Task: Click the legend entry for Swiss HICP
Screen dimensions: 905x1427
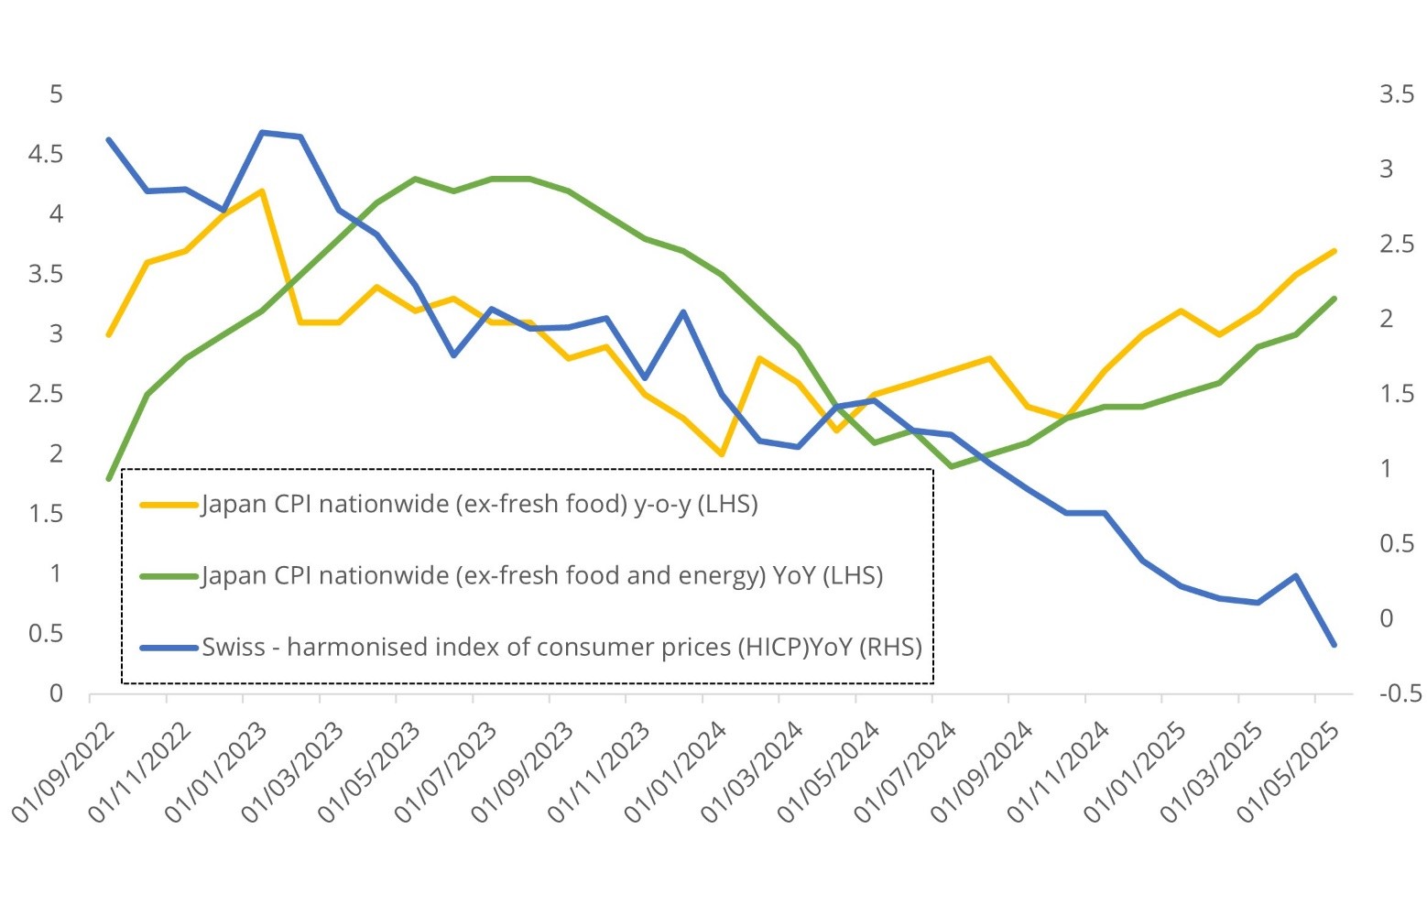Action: (561, 648)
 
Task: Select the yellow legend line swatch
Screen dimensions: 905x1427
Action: (169, 504)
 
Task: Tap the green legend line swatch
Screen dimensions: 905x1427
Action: (169, 576)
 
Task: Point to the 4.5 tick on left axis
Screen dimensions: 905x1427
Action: (46, 154)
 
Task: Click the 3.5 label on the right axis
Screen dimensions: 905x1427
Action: (1397, 94)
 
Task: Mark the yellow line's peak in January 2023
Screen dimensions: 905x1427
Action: (262, 191)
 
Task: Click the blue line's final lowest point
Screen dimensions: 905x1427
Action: (1334, 645)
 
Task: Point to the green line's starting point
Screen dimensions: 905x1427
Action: (109, 478)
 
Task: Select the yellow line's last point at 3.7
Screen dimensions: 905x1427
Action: (1334, 251)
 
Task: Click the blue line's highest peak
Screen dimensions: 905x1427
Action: (262, 133)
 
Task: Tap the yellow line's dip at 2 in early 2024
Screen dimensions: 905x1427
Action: (723, 453)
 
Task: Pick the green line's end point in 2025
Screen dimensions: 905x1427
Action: (1334, 299)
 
